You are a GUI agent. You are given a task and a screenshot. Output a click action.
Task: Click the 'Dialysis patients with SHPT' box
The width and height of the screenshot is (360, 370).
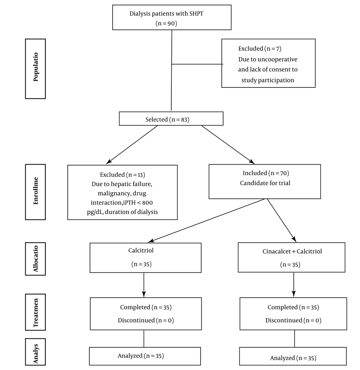(x=172, y=18)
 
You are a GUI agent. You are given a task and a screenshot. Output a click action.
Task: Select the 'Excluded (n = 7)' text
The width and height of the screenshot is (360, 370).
(x=260, y=49)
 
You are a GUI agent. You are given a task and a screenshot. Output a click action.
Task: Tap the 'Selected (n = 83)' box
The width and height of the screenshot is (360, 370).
(x=171, y=118)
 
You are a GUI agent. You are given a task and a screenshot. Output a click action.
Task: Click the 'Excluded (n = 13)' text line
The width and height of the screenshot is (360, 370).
(x=122, y=175)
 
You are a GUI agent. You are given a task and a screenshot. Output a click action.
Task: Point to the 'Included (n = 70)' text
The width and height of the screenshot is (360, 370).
(x=266, y=173)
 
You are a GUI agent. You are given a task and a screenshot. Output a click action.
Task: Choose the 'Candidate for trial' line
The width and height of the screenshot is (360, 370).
(x=265, y=183)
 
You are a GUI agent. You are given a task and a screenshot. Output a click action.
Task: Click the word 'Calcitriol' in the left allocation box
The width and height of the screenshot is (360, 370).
(x=141, y=251)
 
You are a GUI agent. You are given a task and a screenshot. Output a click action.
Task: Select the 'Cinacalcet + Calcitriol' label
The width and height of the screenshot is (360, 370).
(x=292, y=251)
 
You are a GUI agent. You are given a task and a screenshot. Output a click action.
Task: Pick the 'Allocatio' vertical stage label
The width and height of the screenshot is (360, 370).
(x=35, y=259)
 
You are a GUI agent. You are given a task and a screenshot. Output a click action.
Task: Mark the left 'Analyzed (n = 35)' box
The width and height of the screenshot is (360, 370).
(x=145, y=356)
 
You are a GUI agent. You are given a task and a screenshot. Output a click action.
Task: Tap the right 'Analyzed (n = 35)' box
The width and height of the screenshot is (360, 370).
(x=293, y=356)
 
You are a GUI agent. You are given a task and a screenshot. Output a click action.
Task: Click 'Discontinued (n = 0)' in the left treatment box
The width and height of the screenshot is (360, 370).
(x=146, y=320)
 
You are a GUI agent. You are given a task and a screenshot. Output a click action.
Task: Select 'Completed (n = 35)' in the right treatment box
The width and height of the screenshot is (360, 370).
(x=293, y=307)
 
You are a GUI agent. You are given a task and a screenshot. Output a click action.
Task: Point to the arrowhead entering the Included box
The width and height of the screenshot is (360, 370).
(x=252, y=162)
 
